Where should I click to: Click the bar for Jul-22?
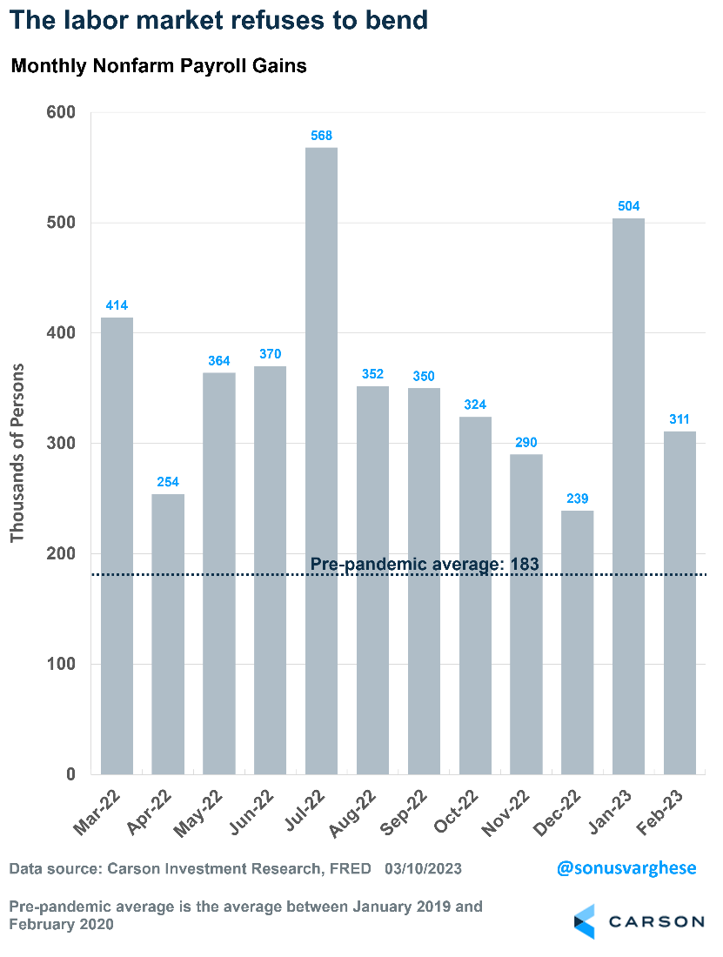click(x=321, y=461)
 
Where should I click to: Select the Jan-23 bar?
click(x=629, y=496)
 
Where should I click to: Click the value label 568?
click(x=322, y=136)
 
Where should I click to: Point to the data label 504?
click(x=629, y=206)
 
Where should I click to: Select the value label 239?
click(x=578, y=499)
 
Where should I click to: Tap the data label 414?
click(x=117, y=305)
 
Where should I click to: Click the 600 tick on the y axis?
click(x=61, y=113)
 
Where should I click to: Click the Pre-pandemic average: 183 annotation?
click(x=425, y=564)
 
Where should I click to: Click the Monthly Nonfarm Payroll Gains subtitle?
click(x=158, y=66)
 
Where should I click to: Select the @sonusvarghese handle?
click(x=626, y=868)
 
